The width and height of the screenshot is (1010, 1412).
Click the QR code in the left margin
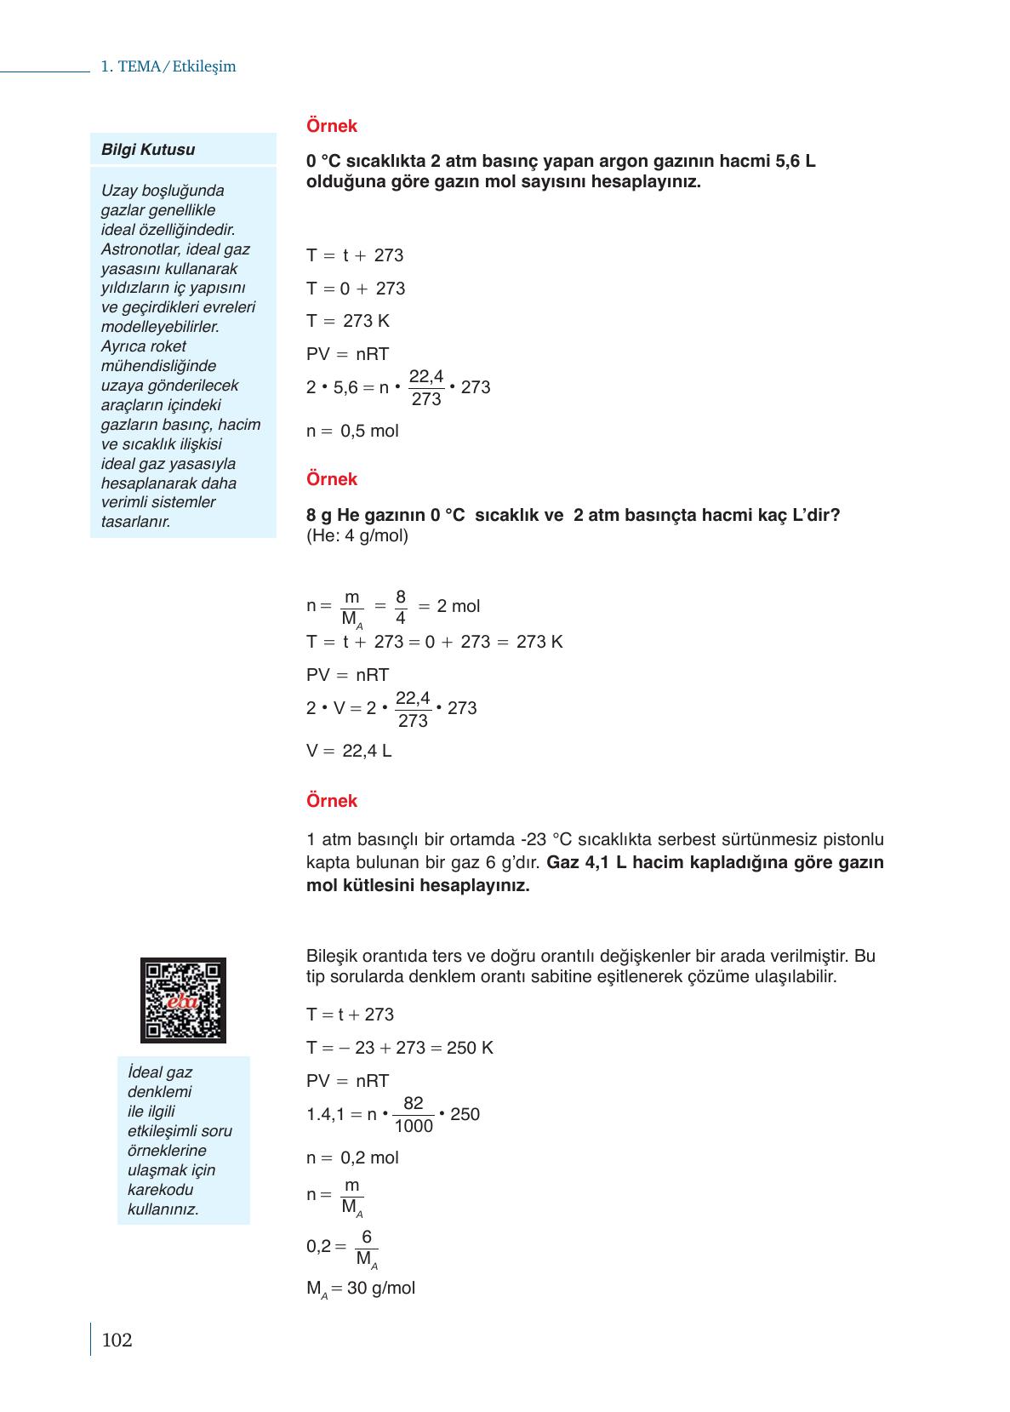[183, 1000]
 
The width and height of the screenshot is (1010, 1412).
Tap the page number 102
[117, 1341]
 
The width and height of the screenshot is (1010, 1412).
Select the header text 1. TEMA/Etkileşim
[168, 66]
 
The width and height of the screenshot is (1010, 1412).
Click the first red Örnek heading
[332, 126]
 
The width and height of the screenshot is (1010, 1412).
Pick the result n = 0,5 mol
[352, 431]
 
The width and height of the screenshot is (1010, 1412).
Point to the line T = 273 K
[348, 321]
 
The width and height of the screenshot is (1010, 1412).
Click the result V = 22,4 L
[349, 751]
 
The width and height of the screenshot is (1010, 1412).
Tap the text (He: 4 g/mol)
[357, 535]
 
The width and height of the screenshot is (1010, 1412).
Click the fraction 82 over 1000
[414, 1114]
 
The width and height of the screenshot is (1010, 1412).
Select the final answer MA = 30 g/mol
[361, 1289]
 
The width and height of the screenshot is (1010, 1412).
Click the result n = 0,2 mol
[352, 1158]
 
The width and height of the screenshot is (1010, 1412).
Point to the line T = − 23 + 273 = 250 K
[400, 1048]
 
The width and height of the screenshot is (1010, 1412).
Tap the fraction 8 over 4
[401, 607]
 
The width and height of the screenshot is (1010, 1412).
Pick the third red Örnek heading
[332, 801]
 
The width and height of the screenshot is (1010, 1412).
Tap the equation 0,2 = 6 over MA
[342, 1247]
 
